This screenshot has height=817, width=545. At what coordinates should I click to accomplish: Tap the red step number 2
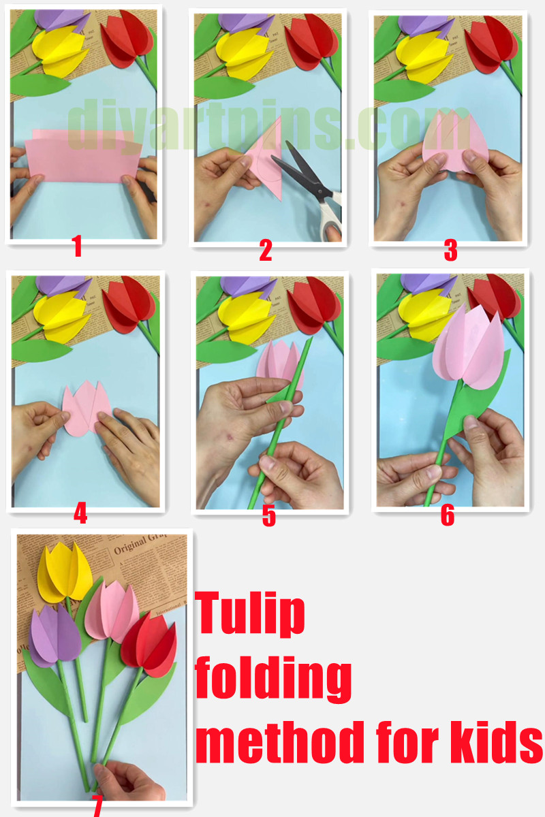coord(266,251)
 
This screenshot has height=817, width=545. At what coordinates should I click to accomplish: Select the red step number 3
coord(450,251)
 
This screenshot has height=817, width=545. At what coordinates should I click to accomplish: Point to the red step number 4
coord(80,513)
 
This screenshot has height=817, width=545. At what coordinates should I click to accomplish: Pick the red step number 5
coord(269,516)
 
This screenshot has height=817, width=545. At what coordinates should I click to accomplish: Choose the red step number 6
coord(447,515)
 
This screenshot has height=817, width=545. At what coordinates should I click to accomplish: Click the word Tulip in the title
coord(250,612)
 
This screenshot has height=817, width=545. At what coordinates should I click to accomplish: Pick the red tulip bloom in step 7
coord(148,642)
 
